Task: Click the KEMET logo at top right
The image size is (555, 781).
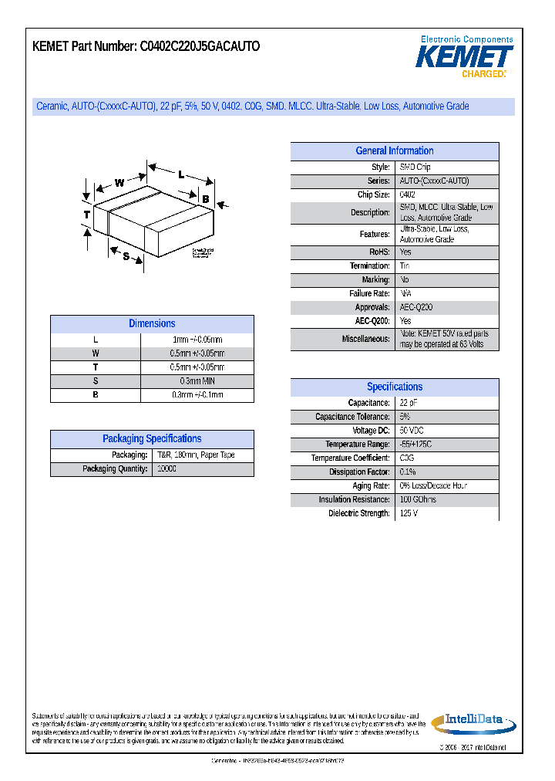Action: [465, 58]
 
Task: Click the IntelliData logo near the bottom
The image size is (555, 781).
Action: [473, 722]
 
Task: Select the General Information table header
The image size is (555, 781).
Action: [394, 151]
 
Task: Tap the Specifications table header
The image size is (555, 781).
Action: [394, 387]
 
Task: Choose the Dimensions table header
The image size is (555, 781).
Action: [152, 324]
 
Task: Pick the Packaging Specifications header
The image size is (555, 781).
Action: [152, 439]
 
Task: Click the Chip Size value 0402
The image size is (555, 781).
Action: [408, 195]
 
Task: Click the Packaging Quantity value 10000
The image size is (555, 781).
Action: [166, 469]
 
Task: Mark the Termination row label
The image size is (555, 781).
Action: [369, 265]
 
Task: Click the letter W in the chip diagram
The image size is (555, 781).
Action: [119, 183]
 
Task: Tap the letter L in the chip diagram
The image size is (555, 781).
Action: [180, 175]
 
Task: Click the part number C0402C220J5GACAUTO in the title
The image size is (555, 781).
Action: [200, 46]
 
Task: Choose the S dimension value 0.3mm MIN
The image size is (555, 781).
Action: [197, 381]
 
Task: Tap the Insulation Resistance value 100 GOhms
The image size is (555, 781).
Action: [418, 499]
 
